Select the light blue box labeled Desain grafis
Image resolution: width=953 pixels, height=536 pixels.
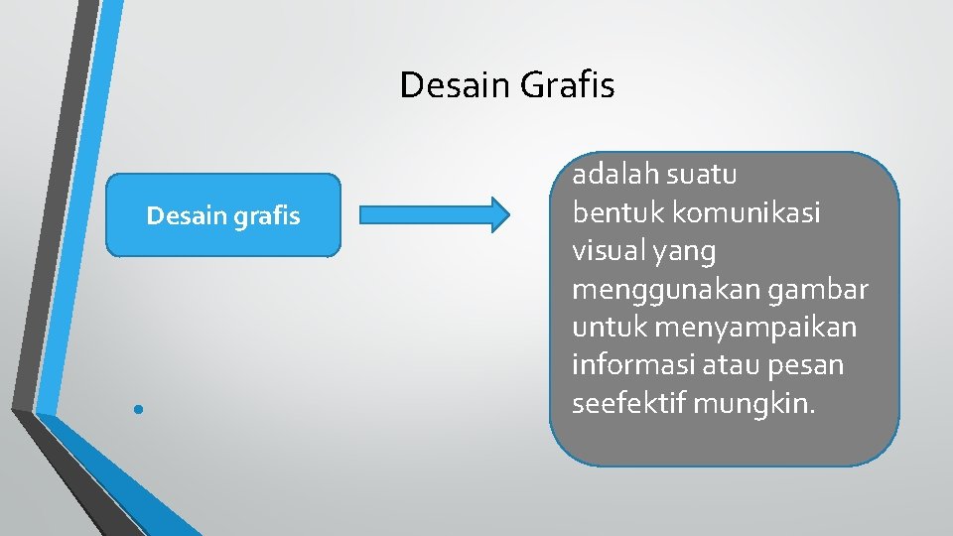pyautogui.click(x=223, y=215)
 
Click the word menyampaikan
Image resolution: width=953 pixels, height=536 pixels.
pyautogui.click(x=755, y=328)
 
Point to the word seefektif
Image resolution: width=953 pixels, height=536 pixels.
pyautogui.click(x=628, y=404)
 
